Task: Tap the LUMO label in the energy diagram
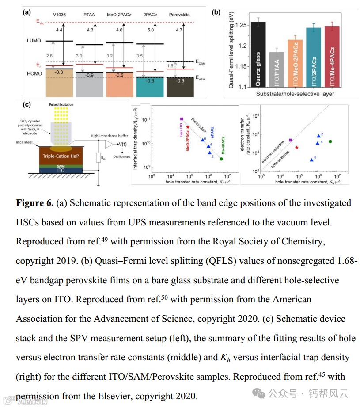coord(34,41)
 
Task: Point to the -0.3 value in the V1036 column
coord(59,72)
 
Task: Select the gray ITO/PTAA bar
coord(276,69)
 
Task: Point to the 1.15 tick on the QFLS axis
coord(239,67)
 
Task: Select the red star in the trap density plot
coord(188,127)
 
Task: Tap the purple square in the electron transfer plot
coord(290,140)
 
